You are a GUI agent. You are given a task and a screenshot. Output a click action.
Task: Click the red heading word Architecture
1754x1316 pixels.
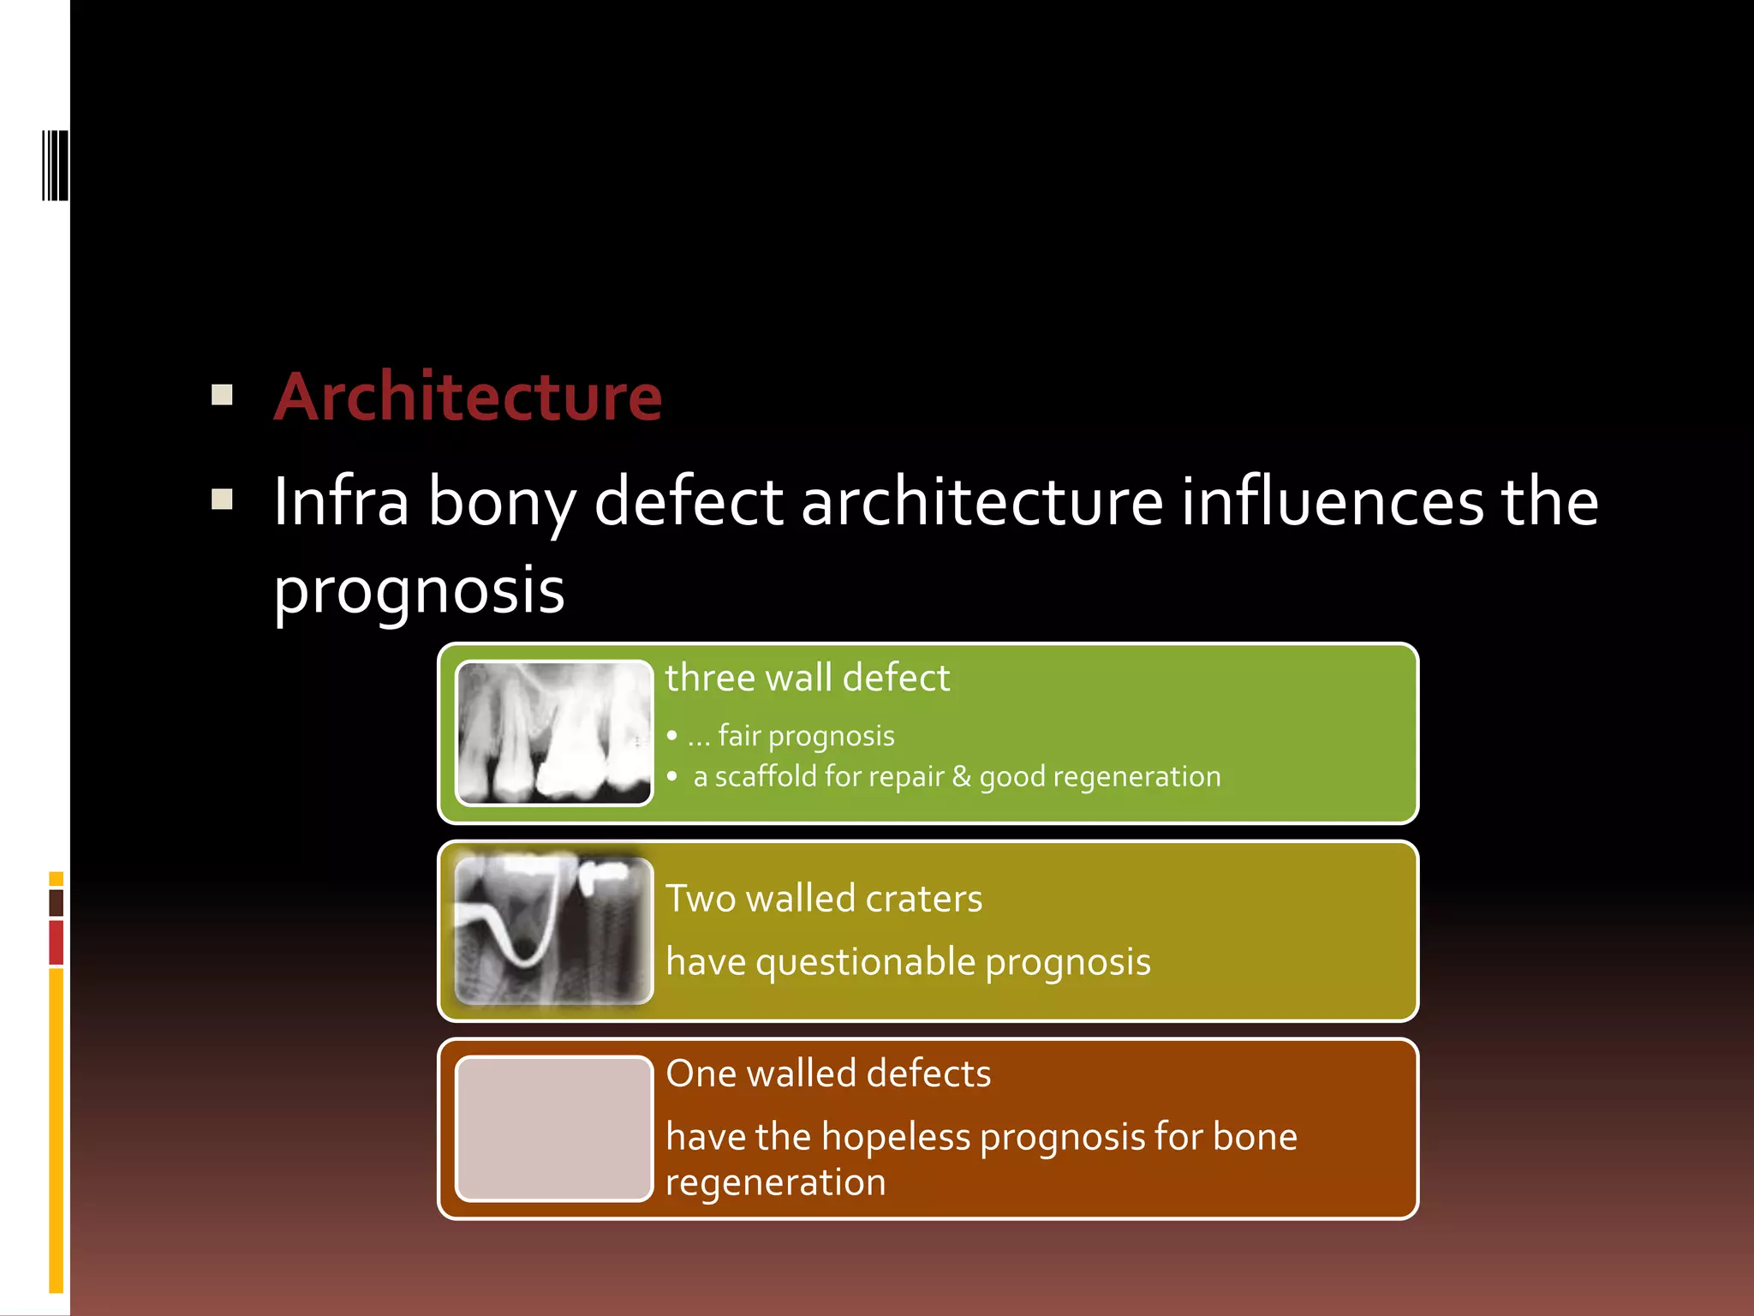468,398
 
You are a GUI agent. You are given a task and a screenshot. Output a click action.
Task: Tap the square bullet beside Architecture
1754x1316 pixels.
222,394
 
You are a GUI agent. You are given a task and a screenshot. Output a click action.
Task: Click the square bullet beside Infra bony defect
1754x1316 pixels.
222,499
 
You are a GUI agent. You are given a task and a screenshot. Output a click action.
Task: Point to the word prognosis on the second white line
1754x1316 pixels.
419,590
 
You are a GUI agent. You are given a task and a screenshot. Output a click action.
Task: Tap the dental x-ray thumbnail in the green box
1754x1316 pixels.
554,733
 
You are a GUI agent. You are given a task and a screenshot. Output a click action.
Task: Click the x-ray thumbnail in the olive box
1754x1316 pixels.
554,930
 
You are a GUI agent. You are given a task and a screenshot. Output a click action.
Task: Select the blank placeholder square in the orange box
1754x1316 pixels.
554,1128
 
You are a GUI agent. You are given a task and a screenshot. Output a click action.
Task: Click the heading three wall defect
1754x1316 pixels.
807,678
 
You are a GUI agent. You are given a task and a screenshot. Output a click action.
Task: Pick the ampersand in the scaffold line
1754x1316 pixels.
961,776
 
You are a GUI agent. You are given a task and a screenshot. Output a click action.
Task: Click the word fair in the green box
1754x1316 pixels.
738,735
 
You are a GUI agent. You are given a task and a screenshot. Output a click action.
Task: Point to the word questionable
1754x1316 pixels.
865,962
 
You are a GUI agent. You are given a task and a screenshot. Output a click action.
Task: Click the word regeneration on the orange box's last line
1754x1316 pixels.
775,1183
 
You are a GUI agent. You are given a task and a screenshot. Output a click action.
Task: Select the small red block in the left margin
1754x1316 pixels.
57,942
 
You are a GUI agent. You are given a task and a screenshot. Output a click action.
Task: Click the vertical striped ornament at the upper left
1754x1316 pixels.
55,165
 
